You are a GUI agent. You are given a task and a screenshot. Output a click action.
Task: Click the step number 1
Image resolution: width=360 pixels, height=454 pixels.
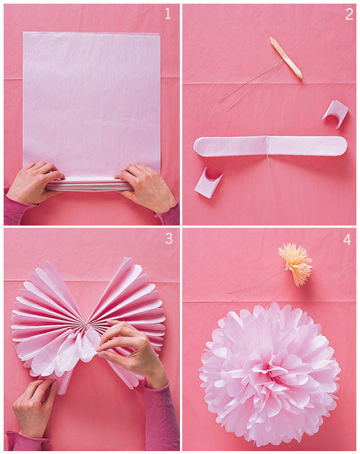pyautogui.click(x=168, y=14)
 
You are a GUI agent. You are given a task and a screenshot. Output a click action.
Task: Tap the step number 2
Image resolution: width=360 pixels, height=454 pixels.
pyautogui.click(x=348, y=14)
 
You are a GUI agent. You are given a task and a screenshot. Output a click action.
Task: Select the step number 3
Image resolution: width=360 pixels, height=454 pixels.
pyautogui.click(x=168, y=239)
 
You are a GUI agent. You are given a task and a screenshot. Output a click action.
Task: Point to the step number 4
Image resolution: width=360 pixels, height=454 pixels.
pyautogui.click(x=347, y=239)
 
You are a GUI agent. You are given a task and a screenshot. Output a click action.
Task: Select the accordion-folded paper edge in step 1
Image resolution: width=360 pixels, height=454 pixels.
pyautogui.click(x=90, y=184)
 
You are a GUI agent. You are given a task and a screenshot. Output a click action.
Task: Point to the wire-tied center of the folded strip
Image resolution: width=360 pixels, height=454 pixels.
pyautogui.click(x=269, y=146)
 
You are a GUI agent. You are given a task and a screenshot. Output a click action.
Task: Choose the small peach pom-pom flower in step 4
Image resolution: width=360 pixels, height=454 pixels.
pyautogui.click(x=296, y=263)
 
